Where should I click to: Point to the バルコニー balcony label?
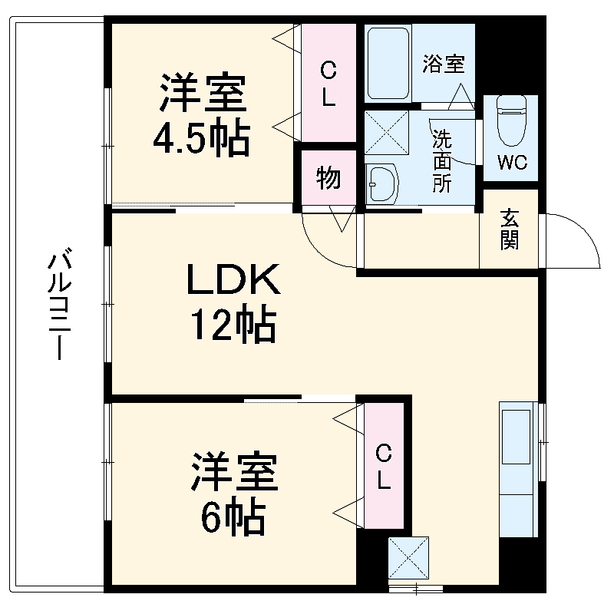58,303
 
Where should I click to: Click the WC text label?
510,162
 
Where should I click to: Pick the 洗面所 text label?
442,162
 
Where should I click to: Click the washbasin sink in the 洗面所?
381,183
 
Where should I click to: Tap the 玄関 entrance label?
510,230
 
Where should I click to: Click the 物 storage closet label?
328,178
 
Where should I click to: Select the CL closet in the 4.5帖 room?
328,84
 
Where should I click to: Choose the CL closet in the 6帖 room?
384,466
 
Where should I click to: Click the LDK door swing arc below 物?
322,242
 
